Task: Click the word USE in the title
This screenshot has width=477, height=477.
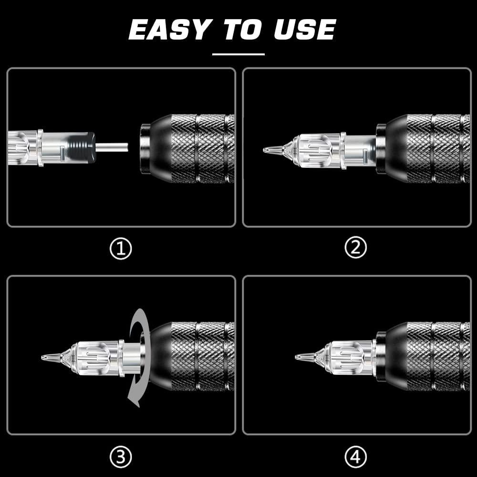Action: (305, 30)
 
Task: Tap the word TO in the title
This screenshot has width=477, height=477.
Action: (243, 30)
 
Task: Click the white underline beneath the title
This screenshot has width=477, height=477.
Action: (238, 54)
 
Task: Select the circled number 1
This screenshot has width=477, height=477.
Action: (121, 249)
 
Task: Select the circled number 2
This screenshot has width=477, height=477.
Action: (356, 248)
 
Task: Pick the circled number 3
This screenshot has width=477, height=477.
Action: (121, 458)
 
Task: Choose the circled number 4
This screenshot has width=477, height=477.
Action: (356, 458)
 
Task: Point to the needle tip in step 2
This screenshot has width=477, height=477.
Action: (265, 150)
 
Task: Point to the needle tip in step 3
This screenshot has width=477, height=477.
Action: (44, 357)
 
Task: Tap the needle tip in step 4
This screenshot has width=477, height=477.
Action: (297, 356)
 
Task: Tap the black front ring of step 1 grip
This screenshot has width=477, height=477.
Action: (144, 148)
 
